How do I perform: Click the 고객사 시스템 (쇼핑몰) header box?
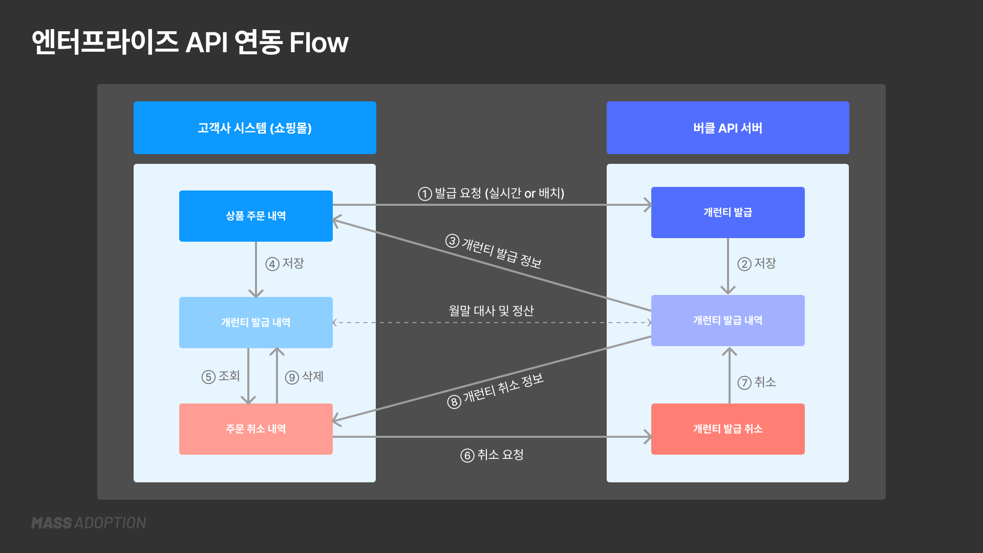[x=254, y=127]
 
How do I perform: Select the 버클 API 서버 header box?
[x=728, y=127]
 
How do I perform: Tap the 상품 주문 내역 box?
[x=255, y=216]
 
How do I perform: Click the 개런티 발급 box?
[x=728, y=212]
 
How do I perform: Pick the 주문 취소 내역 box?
[x=255, y=429]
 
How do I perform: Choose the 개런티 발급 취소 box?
[x=728, y=429]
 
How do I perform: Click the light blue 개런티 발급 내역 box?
[x=255, y=322]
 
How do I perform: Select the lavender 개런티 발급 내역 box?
[x=728, y=320]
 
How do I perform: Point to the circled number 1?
[x=425, y=194]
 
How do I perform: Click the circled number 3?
[x=452, y=241]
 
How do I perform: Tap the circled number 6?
[x=467, y=455]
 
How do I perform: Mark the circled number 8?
[x=454, y=402]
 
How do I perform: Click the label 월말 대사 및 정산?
[x=491, y=310]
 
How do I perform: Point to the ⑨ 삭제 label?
[x=305, y=377]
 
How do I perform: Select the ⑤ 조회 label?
[x=221, y=376]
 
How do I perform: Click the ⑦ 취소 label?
[x=757, y=382]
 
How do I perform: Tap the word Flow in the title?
[x=318, y=42]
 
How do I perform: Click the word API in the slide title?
[x=206, y=42]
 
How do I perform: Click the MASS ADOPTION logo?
[x=89, y=523]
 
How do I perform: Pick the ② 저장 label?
[x=757, y=263]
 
